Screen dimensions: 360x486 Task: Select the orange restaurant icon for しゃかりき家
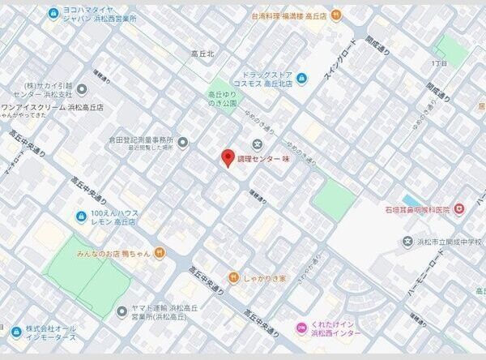point(232,277)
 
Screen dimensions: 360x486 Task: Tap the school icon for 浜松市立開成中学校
point(407,241)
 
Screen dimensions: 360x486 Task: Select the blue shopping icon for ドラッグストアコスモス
point(301,78)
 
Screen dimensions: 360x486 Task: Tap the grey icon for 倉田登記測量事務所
point(182,144)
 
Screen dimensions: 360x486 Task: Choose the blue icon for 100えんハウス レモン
point(81,216)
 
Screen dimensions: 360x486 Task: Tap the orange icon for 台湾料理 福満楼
point(336,15)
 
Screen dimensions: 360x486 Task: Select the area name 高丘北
point(202,54)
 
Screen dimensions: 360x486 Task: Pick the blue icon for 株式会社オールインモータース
point(15,332)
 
